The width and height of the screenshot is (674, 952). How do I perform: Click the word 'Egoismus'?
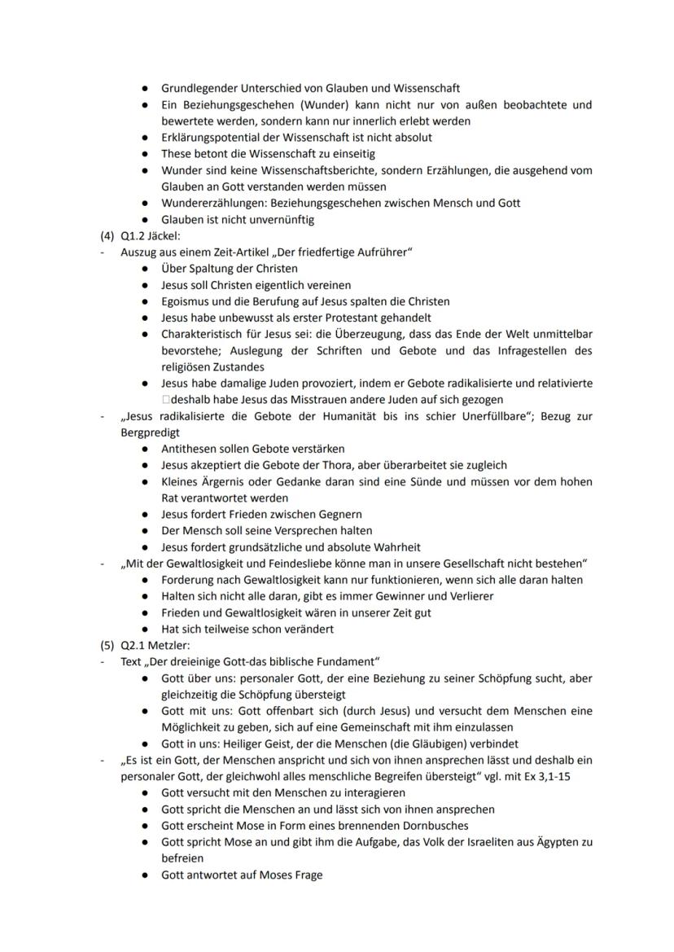(187, 301)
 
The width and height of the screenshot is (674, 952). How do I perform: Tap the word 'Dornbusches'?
(415, 826)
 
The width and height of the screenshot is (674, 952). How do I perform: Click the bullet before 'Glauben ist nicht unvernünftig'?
(144, 219)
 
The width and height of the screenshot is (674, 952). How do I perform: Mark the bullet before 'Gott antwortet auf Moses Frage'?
(144, 875)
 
